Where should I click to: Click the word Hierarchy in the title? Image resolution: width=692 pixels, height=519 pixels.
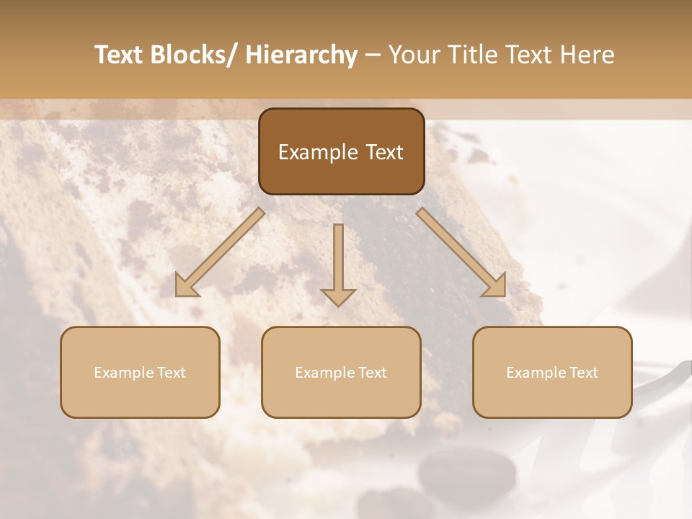coord(301,55)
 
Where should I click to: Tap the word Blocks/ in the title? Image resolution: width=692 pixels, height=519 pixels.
coord(199,55)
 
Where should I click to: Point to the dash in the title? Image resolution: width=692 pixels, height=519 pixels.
coord(373,55)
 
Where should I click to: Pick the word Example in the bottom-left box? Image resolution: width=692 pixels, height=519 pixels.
coord(124,373)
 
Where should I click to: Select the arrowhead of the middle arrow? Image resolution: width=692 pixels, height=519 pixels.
coord(338,296)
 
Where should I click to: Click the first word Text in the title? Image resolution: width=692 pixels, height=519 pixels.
coord(120,55)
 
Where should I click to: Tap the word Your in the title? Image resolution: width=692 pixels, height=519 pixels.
coord(413,55)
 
